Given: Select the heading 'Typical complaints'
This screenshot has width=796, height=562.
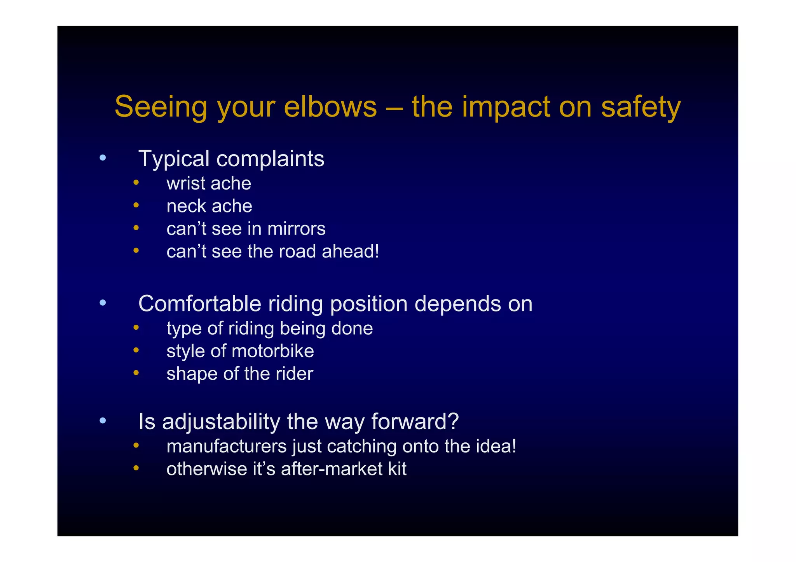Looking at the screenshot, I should pos(231,159).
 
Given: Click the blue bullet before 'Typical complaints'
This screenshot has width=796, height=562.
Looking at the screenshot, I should pos(103,158).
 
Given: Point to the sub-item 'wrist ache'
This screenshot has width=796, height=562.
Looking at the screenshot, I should pos(209,183).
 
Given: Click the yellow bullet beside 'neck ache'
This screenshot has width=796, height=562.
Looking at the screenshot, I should pos(136,205).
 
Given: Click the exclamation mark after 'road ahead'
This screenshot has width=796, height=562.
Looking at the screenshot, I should pos(376,251).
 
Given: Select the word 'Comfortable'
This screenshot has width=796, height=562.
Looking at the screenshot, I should pos(199,304).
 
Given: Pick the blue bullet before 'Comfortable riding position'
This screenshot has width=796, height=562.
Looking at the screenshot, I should pos(103,303).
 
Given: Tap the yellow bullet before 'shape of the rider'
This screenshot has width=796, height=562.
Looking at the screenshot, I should pos(136,373).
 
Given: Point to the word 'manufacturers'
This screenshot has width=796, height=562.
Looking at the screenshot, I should pos(227,446).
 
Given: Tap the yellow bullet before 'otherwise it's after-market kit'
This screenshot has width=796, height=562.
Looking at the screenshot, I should pos(136,468).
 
